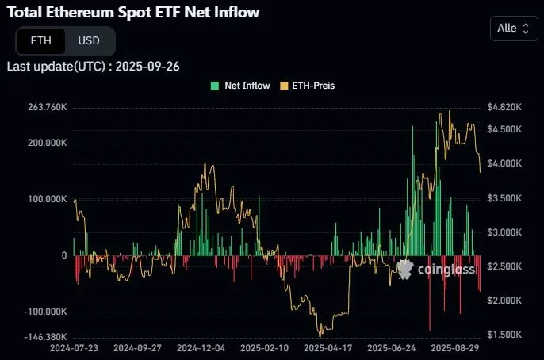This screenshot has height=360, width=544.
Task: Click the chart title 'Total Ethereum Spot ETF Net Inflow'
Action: click(x=133, y=13)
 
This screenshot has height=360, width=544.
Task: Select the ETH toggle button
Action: click(x=40, y=40)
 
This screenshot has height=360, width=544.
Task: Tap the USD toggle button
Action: click(x=88, y=40)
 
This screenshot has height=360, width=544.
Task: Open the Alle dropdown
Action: click(x=513, y=29)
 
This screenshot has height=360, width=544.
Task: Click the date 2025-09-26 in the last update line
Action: click(x=147, y=66)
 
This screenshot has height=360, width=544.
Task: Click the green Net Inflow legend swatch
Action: click(x=215, y=86)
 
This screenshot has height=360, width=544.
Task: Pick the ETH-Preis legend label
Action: click(x=314, y=86)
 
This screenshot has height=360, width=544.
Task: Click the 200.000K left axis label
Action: click(x=44, y=143)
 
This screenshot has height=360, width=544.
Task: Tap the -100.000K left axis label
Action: click(x=43, y=312)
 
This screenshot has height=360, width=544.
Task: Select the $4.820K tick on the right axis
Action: click(x=504, y=107)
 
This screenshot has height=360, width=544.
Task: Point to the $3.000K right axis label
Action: click(x=504, y=232)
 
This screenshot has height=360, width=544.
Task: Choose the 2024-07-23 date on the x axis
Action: click(x=74, y=348)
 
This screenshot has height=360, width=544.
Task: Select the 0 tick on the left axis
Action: click(x=63, y=255)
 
